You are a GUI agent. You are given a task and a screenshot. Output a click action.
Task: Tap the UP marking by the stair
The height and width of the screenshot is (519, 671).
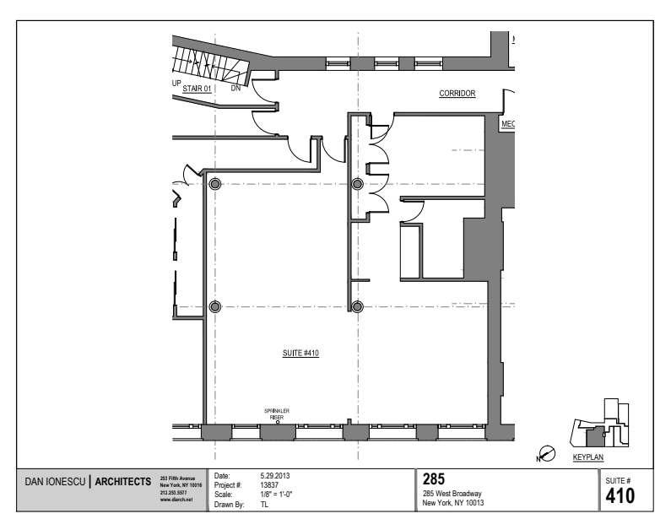(176, 84)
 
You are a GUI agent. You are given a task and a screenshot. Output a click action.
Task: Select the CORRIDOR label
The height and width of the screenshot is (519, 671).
(457, 95)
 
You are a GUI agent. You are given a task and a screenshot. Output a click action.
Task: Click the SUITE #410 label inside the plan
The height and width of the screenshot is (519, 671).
(300, 355)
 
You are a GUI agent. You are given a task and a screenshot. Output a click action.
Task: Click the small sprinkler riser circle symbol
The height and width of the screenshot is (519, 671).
(277, 422)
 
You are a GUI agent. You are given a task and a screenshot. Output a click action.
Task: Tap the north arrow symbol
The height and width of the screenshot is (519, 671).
(546, 455)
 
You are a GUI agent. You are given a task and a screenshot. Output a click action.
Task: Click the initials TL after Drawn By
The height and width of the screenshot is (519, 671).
(265, 504)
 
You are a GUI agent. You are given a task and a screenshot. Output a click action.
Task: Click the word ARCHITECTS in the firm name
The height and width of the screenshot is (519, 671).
(123, 483)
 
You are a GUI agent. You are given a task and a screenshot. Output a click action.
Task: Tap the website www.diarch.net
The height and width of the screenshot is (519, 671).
(176, 500)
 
